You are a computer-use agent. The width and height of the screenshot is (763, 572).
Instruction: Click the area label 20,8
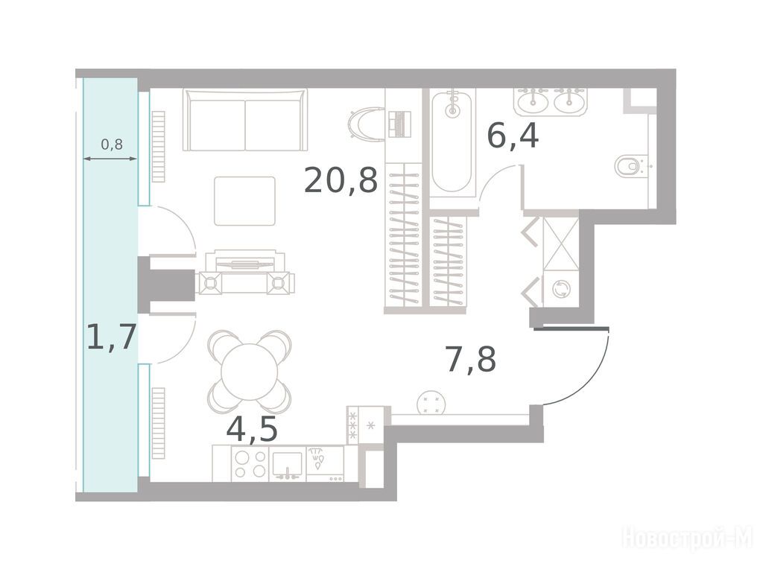point(341,179)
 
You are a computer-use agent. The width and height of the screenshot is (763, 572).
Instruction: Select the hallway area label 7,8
point(471,359)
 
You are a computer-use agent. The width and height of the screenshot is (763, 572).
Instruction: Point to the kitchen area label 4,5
point(252,429)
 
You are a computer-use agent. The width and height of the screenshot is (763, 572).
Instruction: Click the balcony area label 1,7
point(110,337)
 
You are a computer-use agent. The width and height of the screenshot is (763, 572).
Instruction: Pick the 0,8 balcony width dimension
point(112,144)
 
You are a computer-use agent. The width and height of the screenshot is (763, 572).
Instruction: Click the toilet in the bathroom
point(629,166)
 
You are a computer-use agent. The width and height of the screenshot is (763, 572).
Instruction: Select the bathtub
point(453,142)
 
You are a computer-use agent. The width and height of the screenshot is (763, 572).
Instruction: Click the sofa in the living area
point(245,120)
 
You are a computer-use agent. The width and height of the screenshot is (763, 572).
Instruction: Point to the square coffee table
point(244,201)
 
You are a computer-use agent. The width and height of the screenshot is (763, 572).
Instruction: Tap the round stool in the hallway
point(431,403)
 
